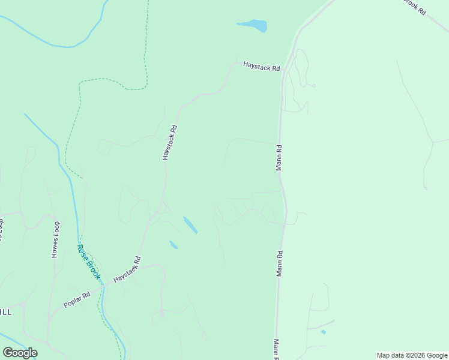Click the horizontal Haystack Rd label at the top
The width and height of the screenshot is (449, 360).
pyautogui.click(x=261, y=66)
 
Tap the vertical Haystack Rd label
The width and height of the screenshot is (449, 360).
pyautogui.click(x=169, y=142)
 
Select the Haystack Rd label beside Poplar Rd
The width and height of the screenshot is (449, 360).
pyautogui.click(x=127, y=270)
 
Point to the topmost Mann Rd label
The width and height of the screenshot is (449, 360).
pyautogui.click(x=279, y=157)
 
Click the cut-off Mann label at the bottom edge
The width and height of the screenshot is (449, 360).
pyautogui.click(x=276, y=350)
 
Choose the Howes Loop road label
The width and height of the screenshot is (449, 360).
pyautogui.click(x=56, y=240)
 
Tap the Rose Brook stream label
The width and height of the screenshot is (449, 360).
pyautogui.click(x=89, y=262)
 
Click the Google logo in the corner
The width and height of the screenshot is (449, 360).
pyautogui.click(x=20, y=353)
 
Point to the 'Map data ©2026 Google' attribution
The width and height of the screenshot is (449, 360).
pyautogui.click(x=412, y=355)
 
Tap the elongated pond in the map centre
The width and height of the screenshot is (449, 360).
pyautogui.click(x=190, y=225)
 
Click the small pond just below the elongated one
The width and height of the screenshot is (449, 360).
pyautogui.click(x=173, y=245)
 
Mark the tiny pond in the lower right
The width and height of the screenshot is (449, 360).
pyautogui.click(x=324, y=331)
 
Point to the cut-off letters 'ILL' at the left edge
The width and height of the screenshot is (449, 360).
pyautogui.click(x=5, y=312)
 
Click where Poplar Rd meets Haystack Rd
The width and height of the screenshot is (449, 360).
pyautogui.click(x=103, y=286)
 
